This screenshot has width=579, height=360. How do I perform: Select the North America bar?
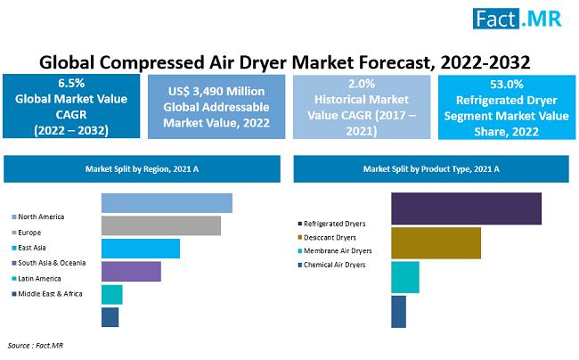tap(167, 203)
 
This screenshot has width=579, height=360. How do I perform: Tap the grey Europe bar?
tap(161, 225)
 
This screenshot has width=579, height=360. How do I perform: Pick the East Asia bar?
tap(141, 249)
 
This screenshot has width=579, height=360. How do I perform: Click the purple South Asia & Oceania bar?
tap(131, 271)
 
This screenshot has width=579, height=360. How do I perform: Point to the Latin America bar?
tap(112, 294)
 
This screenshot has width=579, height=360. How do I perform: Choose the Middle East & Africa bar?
tap(110, 316)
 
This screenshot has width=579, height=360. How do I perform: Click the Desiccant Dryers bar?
tap(436, 243)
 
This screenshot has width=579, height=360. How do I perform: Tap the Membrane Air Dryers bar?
tap(405, 277)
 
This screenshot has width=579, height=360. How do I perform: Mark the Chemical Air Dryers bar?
tap(398, 311)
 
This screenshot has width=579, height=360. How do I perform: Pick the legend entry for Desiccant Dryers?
tap(330, 237)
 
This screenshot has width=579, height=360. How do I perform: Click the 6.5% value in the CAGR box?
tap(70, 81)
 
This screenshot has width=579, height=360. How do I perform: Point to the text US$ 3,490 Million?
tap(216, 91)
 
